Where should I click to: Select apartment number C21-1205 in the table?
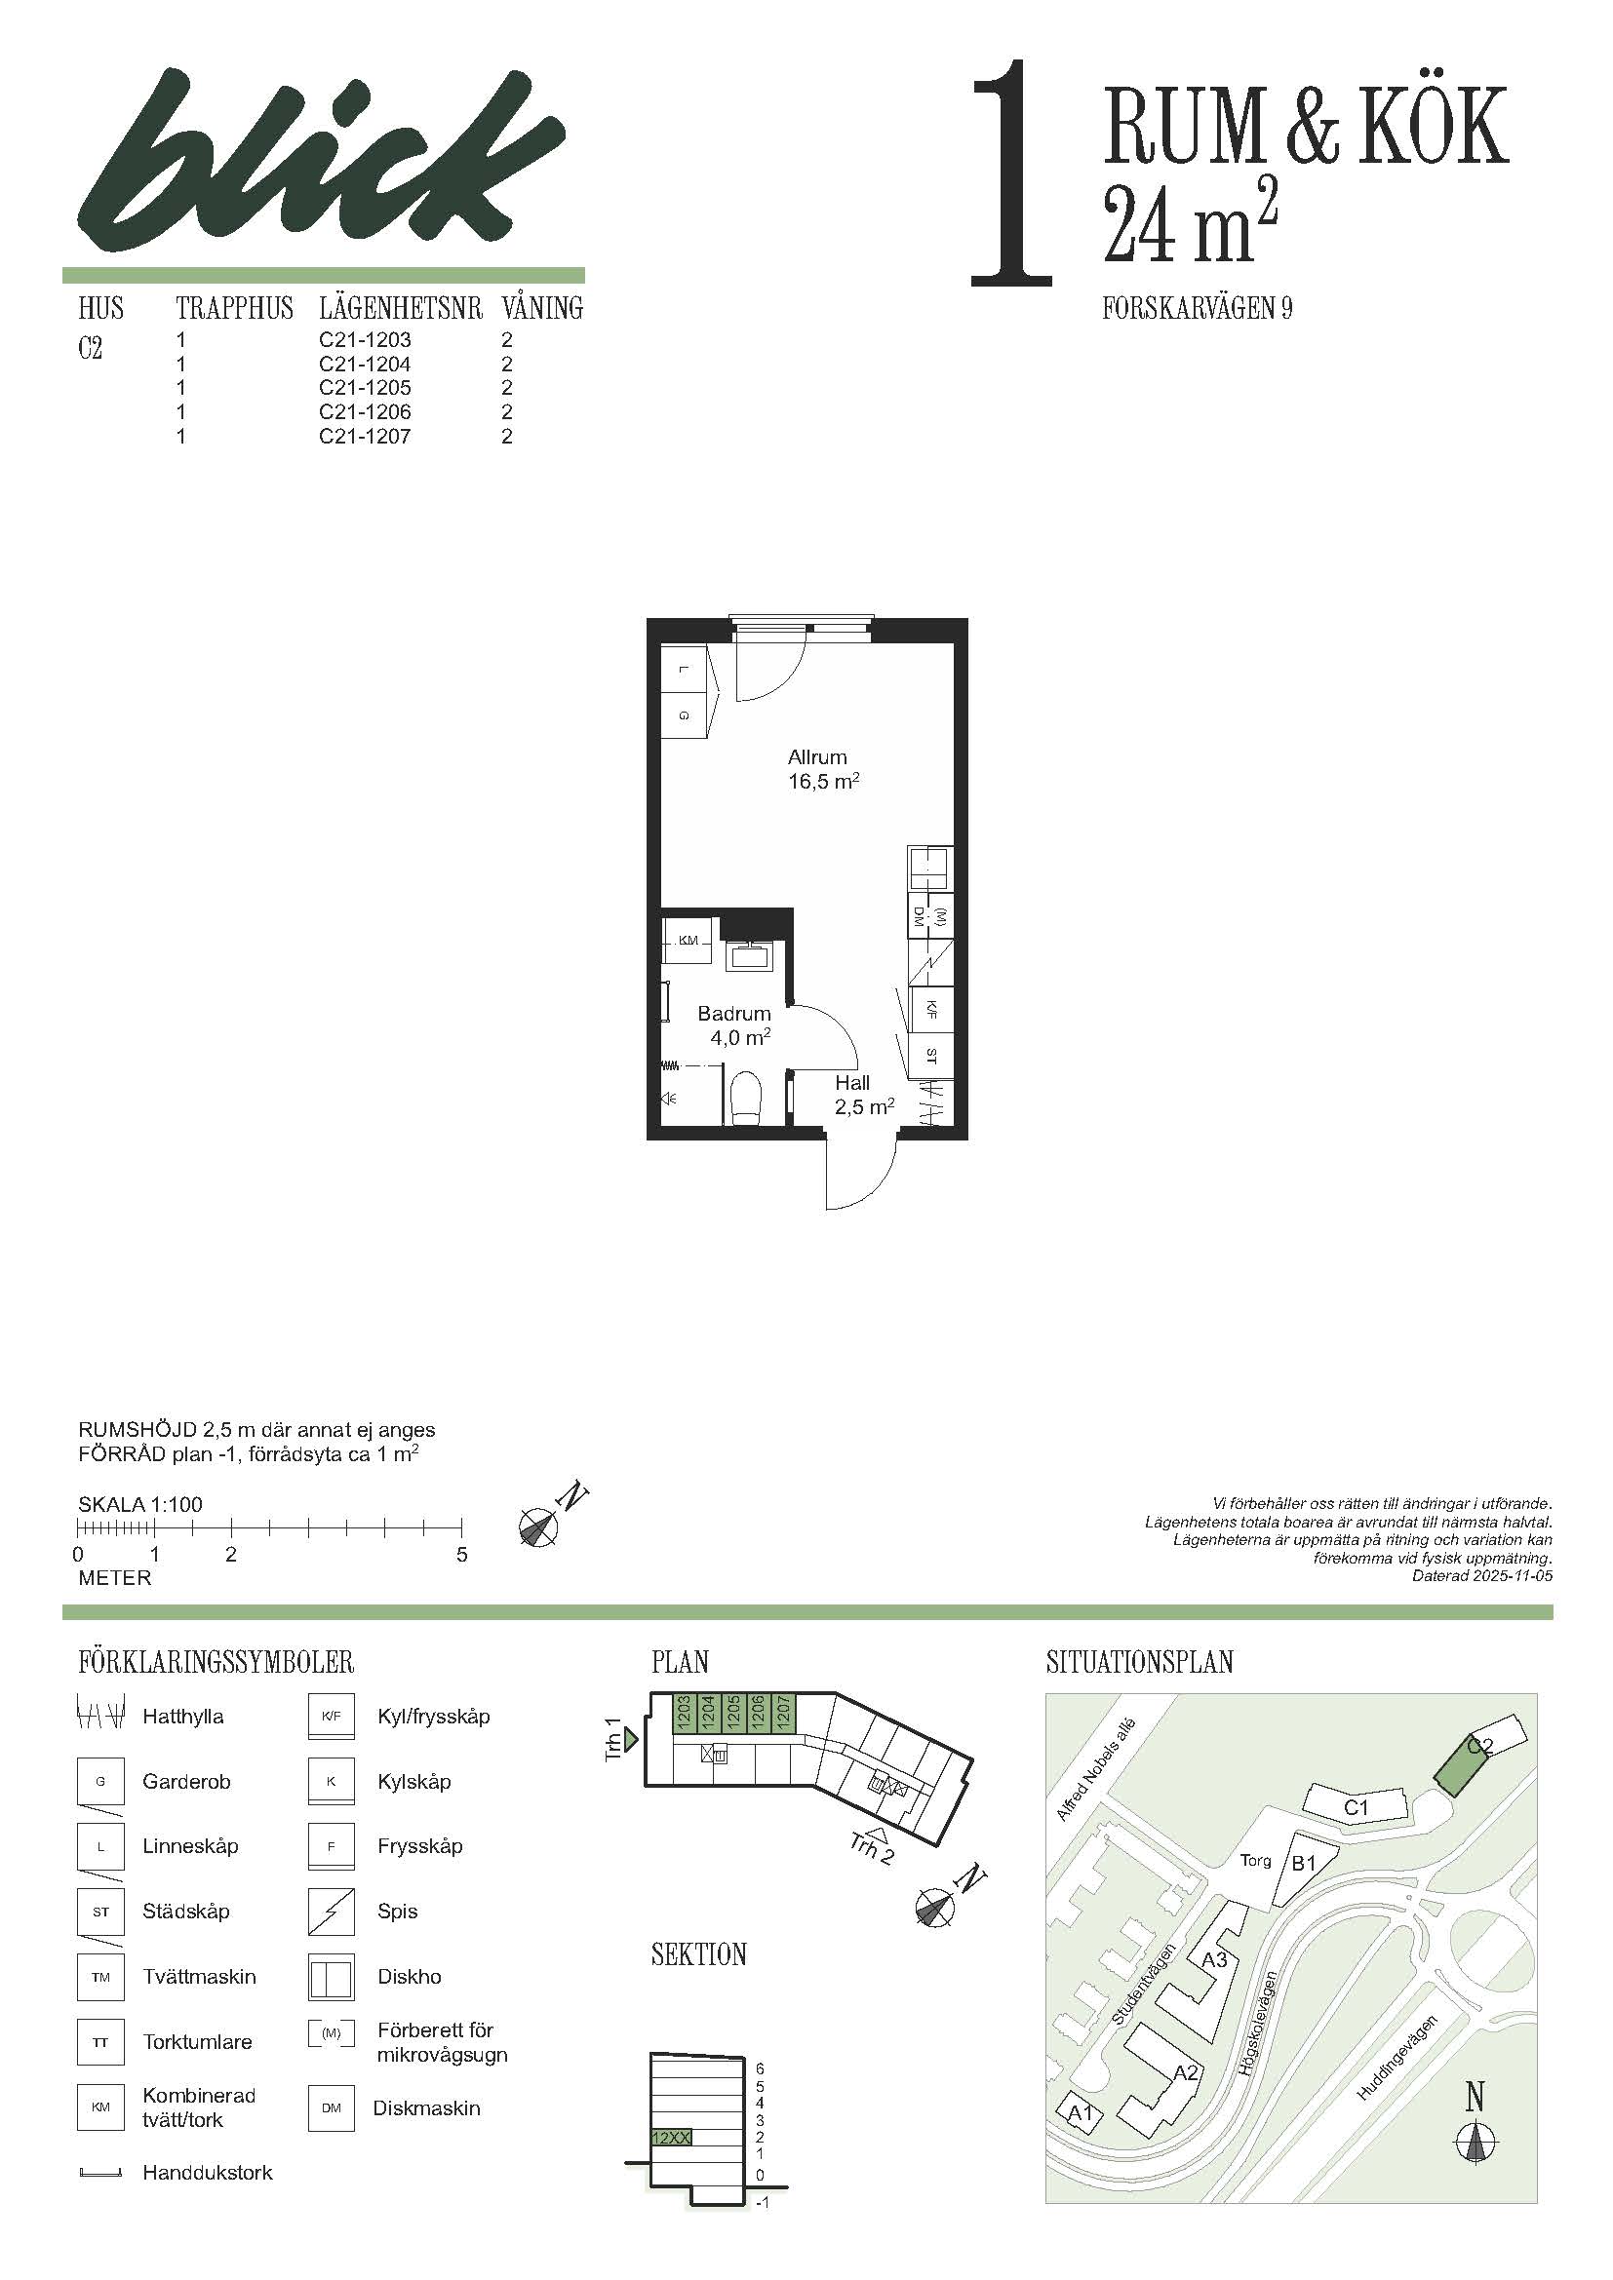point(365,387)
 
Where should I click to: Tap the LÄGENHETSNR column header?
point(400,308)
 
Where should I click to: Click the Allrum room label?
point(817,756)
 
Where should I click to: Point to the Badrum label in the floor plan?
point(734,1014)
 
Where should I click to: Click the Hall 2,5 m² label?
point(864,1095)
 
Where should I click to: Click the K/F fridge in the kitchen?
point(930,1011)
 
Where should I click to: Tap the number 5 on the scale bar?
point(462,1555)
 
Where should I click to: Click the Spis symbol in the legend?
point(331,1912)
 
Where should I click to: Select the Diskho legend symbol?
point(331,1977)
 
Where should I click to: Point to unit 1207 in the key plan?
point(781,1714)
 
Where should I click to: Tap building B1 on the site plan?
point(1302,1865)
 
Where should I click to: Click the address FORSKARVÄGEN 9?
point(1197,309)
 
